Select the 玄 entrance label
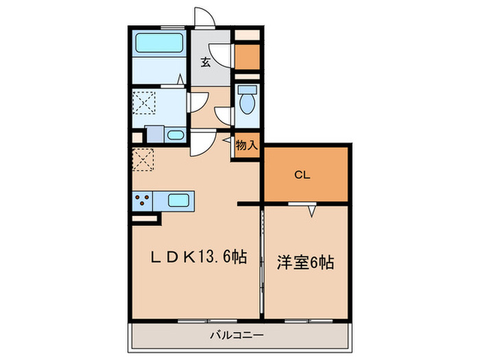point(205,62)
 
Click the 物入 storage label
point(247,145)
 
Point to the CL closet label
point(302,175)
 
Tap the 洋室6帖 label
point(306,261)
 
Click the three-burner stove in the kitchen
point(143,201)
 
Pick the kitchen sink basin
point(178,201)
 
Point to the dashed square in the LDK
point(143,159)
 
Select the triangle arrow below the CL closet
point(311,211)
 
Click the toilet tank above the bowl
point(247,89)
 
